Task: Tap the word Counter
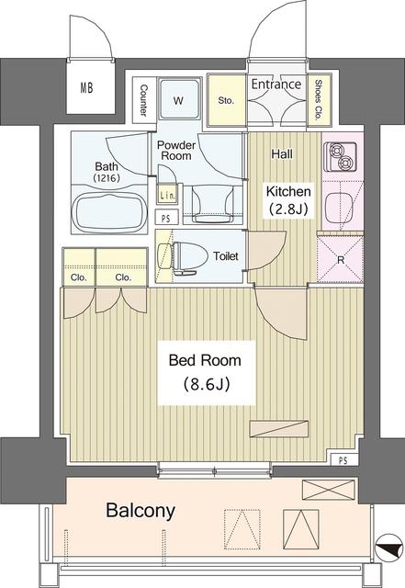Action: click(143, 100)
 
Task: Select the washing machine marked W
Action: click(178, 99)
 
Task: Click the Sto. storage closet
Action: click(226, 100)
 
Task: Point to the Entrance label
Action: click(276, 84)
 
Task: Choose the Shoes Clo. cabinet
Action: click(319, 100)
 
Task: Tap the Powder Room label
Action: click(176, 151)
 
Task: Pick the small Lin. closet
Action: click(166, 195)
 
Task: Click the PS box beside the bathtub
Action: click(165, 218)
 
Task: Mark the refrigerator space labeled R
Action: click(340, 259)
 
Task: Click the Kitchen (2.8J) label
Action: click(288, 200)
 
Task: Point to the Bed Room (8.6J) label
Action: click(206, 372)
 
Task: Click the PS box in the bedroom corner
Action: click(343, 459)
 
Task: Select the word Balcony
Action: click(141, 511)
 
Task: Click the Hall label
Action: click(282, 153)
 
